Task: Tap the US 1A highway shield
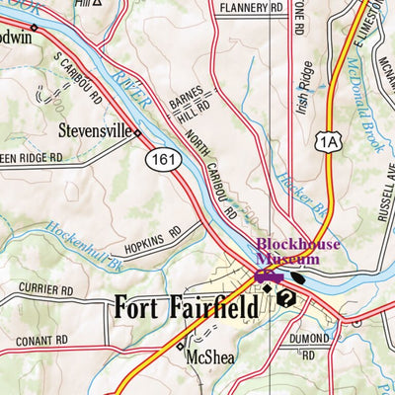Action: pyautogui.click(x=328, y=142)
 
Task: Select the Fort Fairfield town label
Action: pyautogui.click(x=187, y=307)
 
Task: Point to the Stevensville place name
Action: pyautogui.click(x=95, y=129)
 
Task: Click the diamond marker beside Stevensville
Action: pyautogui.click(x=137, y=132)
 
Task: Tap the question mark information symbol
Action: pyautogui.click(x=286, y=298)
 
